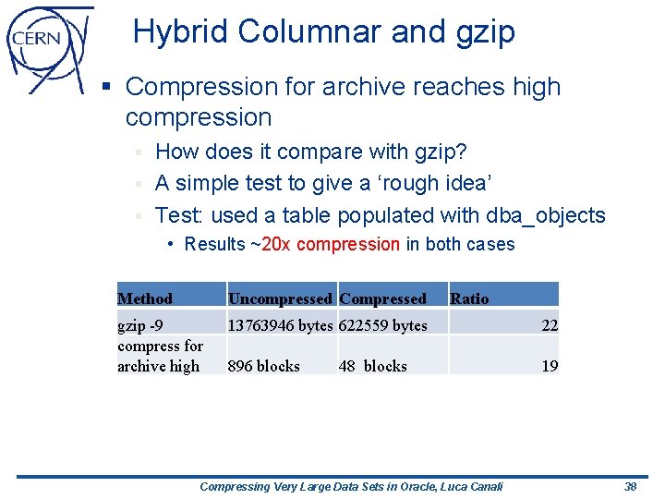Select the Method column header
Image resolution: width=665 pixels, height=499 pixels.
pyautogui.click(x=145, y=298)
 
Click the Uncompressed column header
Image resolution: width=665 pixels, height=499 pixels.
pyautogui.click(x=280, y=298)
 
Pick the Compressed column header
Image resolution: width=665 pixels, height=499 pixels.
pyautogui.click(x=383, y=298)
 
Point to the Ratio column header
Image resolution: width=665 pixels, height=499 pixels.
pyautogui.click(x=469, y=298)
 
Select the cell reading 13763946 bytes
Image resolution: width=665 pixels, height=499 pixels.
pyautogui.click(x=280, y=325)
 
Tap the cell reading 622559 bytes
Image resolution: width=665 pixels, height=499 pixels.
pyautogui.click(x=383, y=325)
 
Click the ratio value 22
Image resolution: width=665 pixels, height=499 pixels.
pyautogui.click(x=550, y=325)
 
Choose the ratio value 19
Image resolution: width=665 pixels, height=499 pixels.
pyautogui.click(x=550, y=366)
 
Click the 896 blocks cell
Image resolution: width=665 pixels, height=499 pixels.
pyautogui.click(x=264, y=366)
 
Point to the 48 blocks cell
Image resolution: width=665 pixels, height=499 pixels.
pyautogui.click(x=373, y=366)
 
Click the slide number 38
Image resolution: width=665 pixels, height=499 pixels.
pyautogui.click(x=631, y=486)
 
